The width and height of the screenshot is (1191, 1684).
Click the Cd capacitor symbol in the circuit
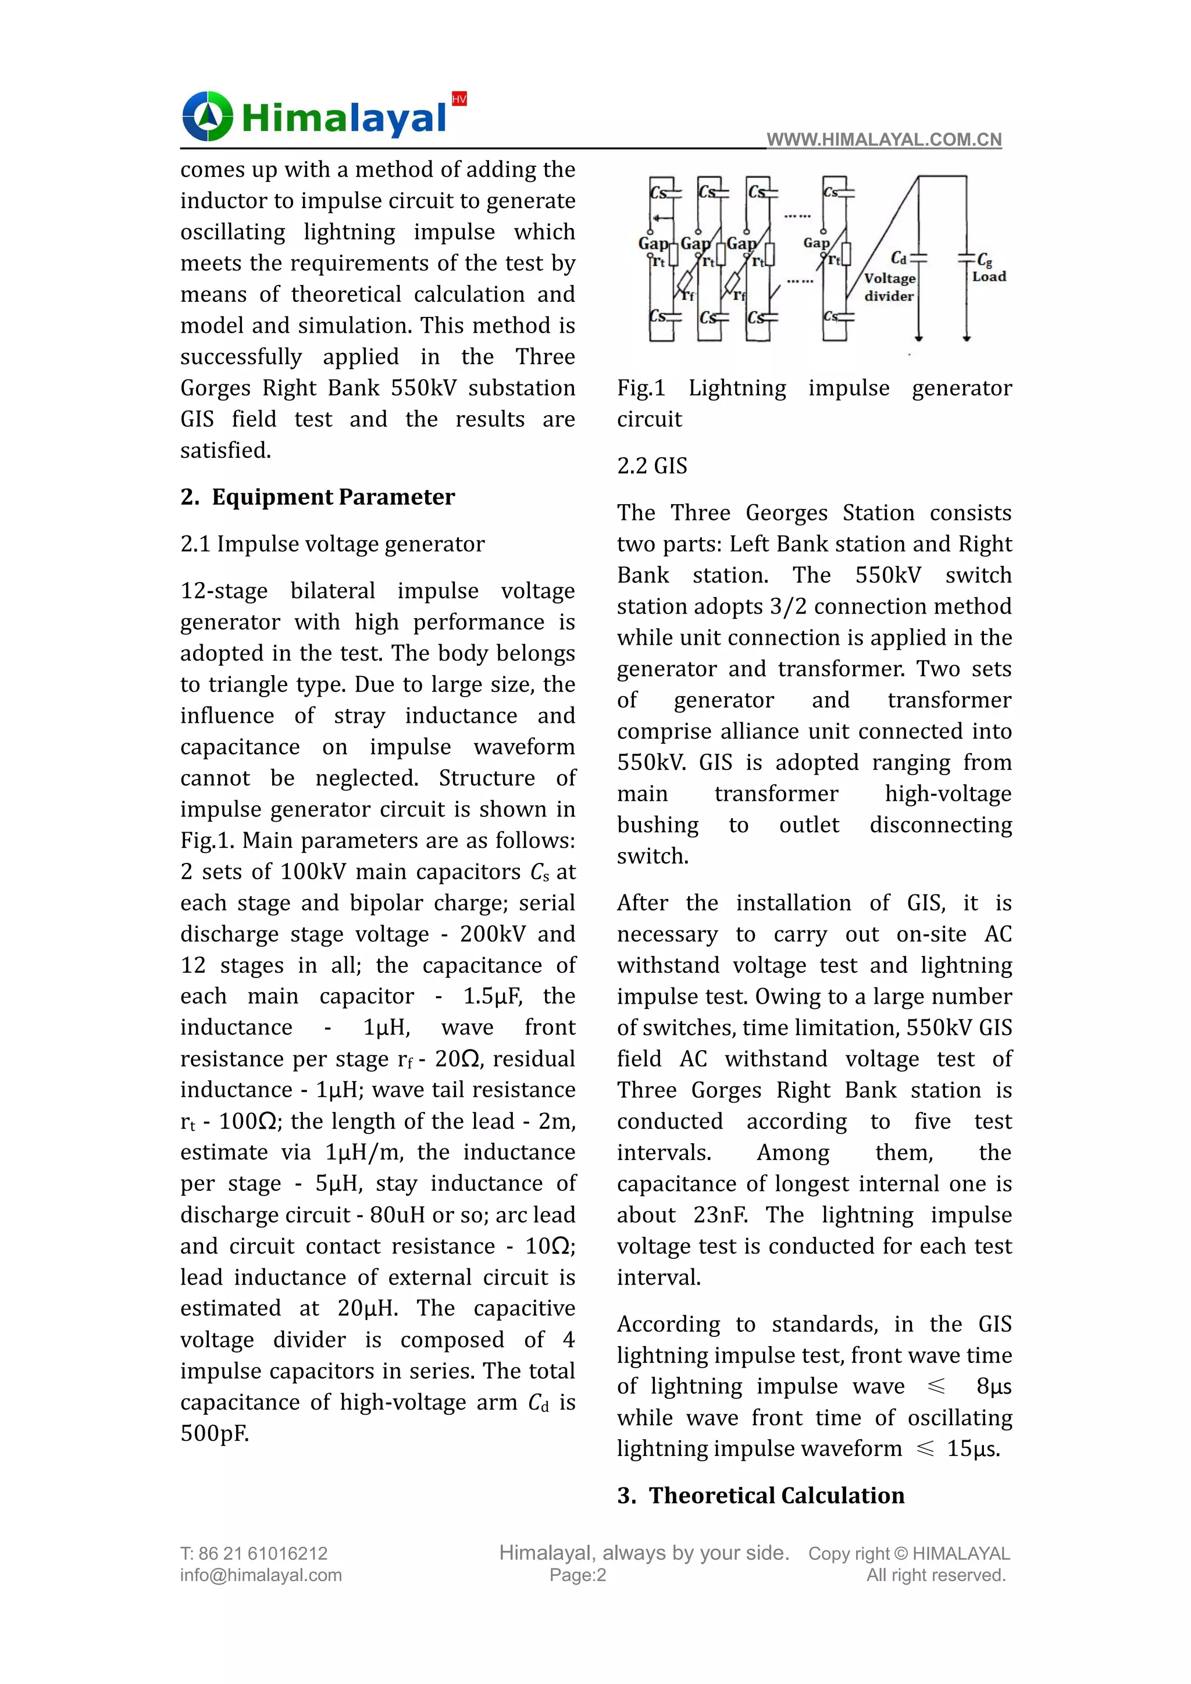coord(918,258)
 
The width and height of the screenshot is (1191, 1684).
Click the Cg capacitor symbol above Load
coord(967,258)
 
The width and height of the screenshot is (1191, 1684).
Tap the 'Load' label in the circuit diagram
coord(989,277)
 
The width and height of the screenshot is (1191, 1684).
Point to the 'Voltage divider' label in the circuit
coord(889,287)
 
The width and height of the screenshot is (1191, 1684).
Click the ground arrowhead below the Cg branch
coord(967,338)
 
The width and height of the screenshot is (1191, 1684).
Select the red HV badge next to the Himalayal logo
coord(459,99)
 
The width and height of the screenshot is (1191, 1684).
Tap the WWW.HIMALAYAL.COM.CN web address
coord(884,140)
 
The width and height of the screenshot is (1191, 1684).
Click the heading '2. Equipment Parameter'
coord(318,497)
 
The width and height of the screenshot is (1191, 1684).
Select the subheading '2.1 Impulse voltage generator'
coord(332,544)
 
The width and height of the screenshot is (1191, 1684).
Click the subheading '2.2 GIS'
coord(652,466)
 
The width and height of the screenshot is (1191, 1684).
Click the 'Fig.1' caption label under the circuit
coord(641,388)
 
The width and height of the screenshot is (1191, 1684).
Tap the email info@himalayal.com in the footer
coord(261,1575)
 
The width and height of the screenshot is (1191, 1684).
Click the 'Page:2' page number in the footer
coord(578,1575)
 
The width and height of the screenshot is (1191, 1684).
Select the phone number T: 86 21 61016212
coord(254,1553)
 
